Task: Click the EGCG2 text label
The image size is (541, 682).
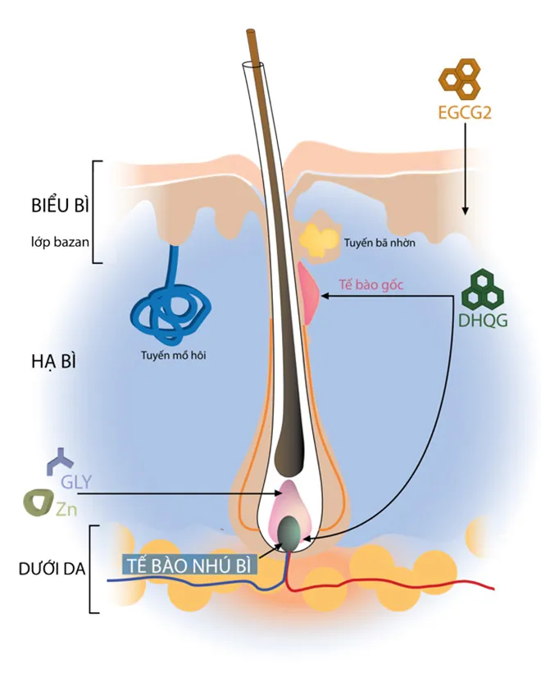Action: tap(465, 112)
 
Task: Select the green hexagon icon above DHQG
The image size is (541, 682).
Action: tap(482, 289)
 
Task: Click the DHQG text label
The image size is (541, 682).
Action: tap(483, 321)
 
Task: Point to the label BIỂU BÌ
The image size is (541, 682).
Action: tap(60, 205)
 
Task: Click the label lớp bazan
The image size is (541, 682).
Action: tap(60, 242)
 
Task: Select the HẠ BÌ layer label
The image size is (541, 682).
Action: tap(53, 361)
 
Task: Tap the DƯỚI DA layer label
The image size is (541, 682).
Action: tap(52, 569)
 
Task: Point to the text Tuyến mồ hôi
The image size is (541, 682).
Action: tap(174, 356)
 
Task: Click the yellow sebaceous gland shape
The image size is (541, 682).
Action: tap(320, 240)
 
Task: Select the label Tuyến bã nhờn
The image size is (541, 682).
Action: tap(380, 243)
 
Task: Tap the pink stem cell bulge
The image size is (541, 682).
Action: tap(308, 293)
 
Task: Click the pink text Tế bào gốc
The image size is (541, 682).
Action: tap(371, 285)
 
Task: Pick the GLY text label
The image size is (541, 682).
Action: tap(76, 482)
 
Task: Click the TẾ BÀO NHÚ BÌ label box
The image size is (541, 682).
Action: tap(189, 566)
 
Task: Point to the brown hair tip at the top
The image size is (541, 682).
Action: tap(251, 31)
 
